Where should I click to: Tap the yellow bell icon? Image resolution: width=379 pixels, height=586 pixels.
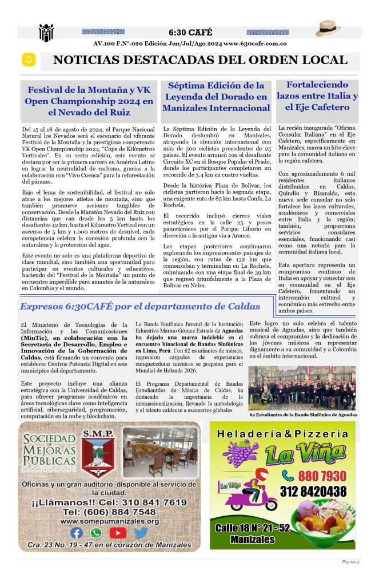[29, 60]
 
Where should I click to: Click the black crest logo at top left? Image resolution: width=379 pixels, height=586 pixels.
[46, 33]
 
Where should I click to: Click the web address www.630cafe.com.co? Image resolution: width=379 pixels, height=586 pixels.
[255, 43]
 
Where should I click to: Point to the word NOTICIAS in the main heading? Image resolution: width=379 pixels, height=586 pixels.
[83, 60]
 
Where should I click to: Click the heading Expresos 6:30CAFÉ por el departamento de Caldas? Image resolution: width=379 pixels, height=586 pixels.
[140, 307]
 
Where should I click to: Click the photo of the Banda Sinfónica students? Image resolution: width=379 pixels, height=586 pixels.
[302, 388]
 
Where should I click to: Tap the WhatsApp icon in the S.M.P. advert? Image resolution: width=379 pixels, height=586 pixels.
[96, 533]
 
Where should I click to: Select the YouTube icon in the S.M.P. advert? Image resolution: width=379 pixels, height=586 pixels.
[118, 533]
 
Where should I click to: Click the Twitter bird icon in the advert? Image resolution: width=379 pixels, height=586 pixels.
[141, 533]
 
